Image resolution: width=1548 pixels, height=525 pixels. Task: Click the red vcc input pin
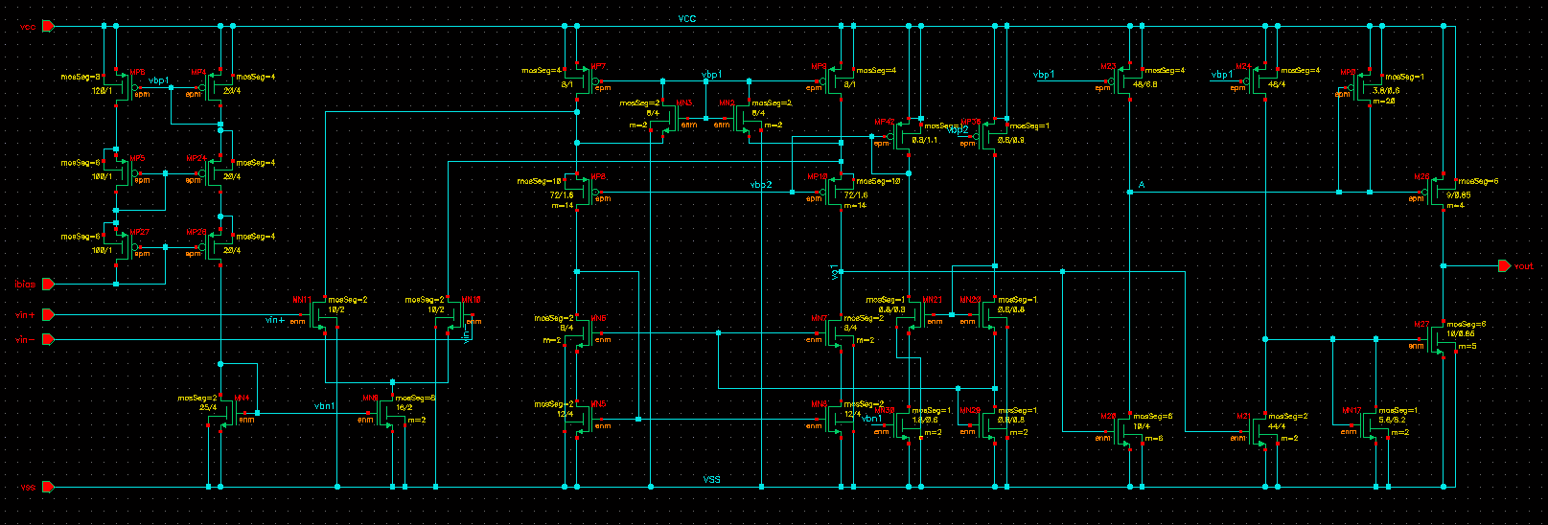tap(48, 27)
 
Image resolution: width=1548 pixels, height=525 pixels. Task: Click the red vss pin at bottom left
tap(48, 488)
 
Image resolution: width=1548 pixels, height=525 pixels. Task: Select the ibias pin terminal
tap(48, 285)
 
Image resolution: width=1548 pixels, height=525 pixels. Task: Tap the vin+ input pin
tap(48, 314)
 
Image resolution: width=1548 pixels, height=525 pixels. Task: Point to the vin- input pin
tap(48, 339)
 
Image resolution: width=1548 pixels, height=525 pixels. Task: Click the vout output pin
tap(1504, 266)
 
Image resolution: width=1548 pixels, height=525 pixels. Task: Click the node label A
tap(1142, 184)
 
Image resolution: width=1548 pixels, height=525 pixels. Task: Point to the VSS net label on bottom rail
tap(711, 479)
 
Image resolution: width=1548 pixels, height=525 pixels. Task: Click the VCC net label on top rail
tap(686, 19)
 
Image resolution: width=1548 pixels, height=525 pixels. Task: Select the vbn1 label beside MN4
tap(324, 406)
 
